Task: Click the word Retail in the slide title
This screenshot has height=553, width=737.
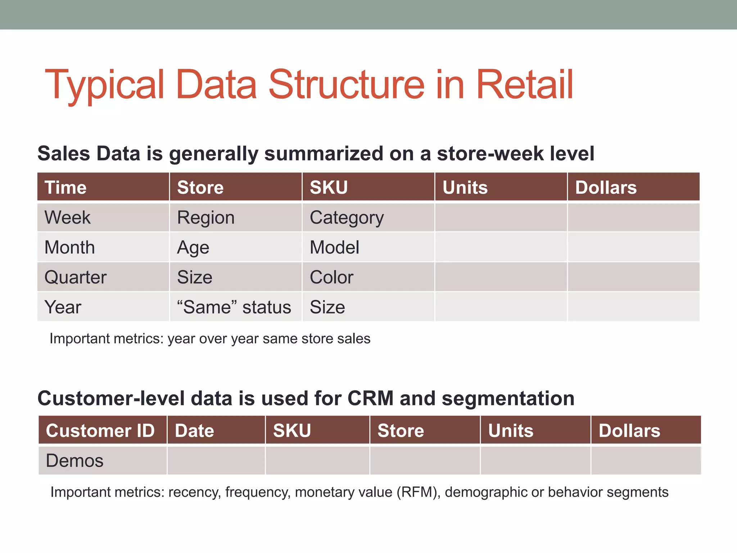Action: pyautogui.click(x=524, y=85)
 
